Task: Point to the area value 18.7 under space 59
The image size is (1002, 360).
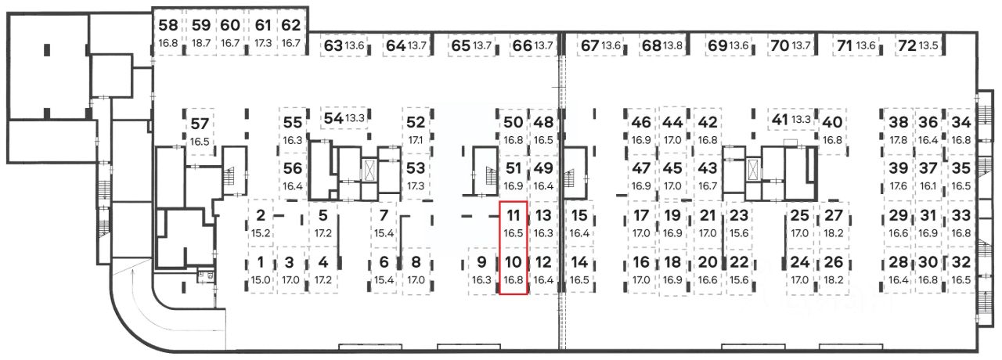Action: [x=201, y=44]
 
